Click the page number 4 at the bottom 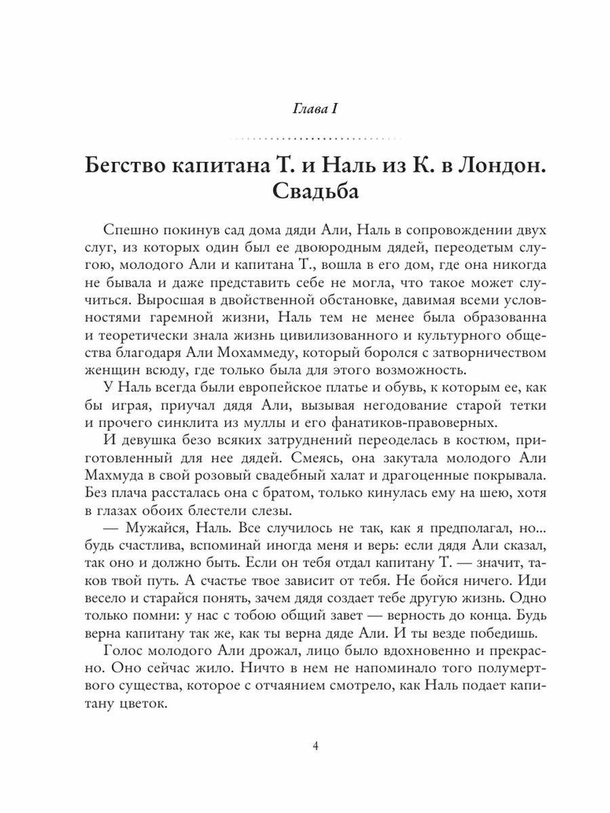[x=315, y=747]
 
